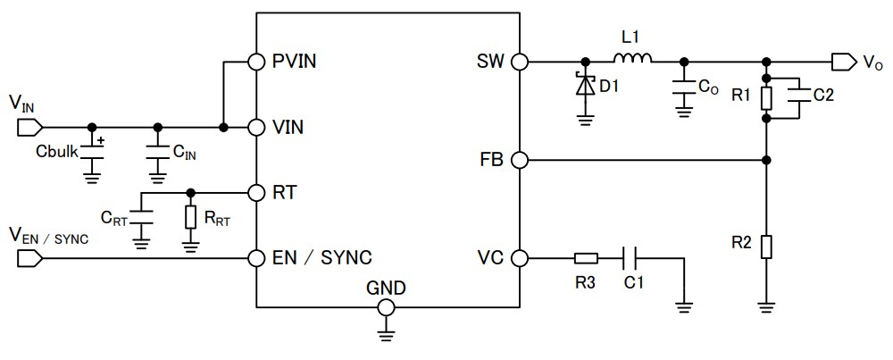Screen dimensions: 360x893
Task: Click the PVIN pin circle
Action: [256, 62]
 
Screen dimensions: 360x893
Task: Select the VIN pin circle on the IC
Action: [256, 127]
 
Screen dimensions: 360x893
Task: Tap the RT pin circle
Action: [256, 192]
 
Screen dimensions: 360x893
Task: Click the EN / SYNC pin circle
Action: [256, 258]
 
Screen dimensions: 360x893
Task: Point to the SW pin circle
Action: [520, 62]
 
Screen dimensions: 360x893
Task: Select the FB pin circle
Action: [520, 160]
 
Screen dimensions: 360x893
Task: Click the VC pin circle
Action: [520, 258]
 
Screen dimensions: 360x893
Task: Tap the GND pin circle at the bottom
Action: [386, 306]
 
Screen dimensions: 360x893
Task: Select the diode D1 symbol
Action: [585, 86]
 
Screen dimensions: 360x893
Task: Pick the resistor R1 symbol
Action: [766, 97]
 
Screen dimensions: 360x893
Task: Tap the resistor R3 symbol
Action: [586, 258]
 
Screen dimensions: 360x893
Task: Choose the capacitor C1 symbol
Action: [630, 258]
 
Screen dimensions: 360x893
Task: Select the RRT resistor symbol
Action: [190, 217]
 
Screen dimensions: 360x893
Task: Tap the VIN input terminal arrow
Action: [28, 127]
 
